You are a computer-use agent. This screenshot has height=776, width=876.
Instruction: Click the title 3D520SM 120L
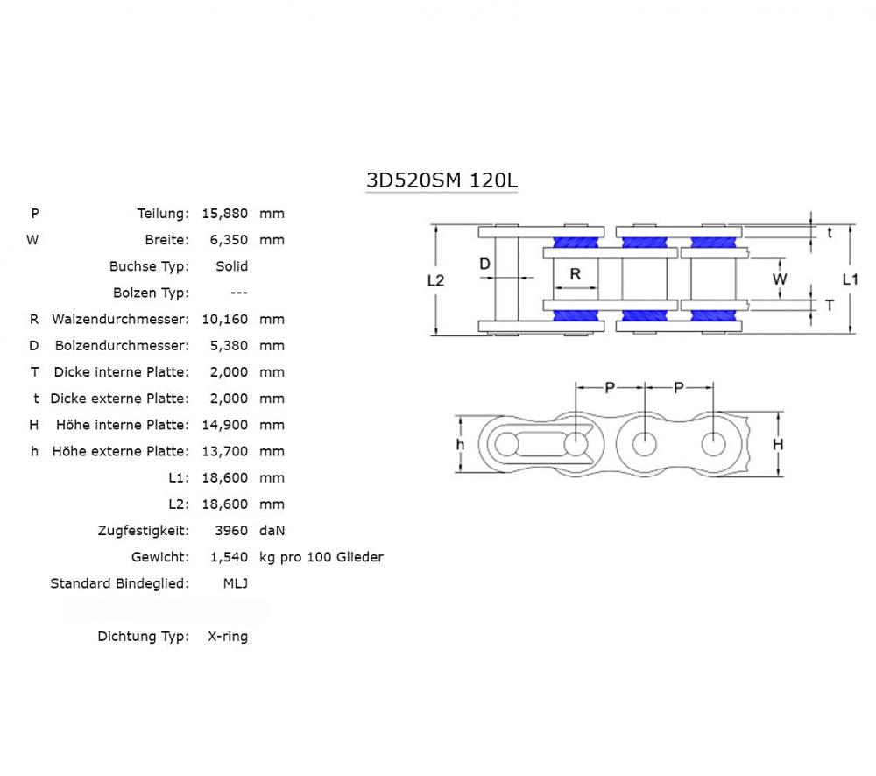click(x=442, y=180)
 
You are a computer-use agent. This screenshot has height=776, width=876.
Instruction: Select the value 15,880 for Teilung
click(x=225, y=213)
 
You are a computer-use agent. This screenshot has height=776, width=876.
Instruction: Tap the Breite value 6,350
click(x=229, y=239)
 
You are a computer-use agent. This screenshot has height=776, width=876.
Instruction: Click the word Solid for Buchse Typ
click(x=231, y=265)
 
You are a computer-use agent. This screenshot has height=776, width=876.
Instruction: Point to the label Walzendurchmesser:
click(x=120, y=319)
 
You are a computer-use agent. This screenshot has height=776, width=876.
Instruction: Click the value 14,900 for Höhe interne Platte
click(x=225, y=425)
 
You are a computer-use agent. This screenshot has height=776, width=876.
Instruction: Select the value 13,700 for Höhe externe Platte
click(x=225, y=451)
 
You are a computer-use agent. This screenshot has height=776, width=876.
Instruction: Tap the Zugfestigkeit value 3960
click(x=231, y=530)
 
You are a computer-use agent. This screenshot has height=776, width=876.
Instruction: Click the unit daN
click(x=272, y=530)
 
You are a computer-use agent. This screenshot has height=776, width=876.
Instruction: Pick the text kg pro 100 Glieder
click(x=321, y=557)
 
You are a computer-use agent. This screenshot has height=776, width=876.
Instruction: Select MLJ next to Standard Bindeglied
click(x=235, y=583)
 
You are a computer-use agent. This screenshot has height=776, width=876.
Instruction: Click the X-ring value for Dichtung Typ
click(x=227, y=637)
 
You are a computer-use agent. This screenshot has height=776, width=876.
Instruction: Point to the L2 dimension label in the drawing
click(x=435, y=280)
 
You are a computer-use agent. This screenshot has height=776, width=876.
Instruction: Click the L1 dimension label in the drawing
click(x=850, y=279)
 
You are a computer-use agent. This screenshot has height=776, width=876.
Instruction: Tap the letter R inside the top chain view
click(x=576, y=274)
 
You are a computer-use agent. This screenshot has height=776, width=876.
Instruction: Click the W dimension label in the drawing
click(x=779, y=279)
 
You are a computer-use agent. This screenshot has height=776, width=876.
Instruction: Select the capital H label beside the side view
click(x=777, y=445)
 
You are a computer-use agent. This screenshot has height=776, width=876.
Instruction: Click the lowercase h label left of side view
click(x=460, y=445)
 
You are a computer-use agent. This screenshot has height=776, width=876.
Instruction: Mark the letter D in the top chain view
click(x=484, y=264)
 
